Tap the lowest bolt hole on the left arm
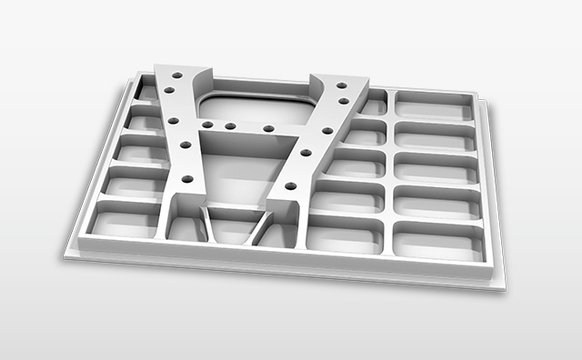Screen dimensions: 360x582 coord(186,178)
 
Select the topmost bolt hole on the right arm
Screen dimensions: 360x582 coord(343,85)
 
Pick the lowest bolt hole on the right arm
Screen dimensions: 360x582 coord(290,185)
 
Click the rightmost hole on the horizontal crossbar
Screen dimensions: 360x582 coord(268,129)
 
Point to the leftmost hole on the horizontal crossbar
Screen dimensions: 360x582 coord(207,124)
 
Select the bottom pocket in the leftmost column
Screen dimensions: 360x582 coord(124,220)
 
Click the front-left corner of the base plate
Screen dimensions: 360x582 coord(65,254)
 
